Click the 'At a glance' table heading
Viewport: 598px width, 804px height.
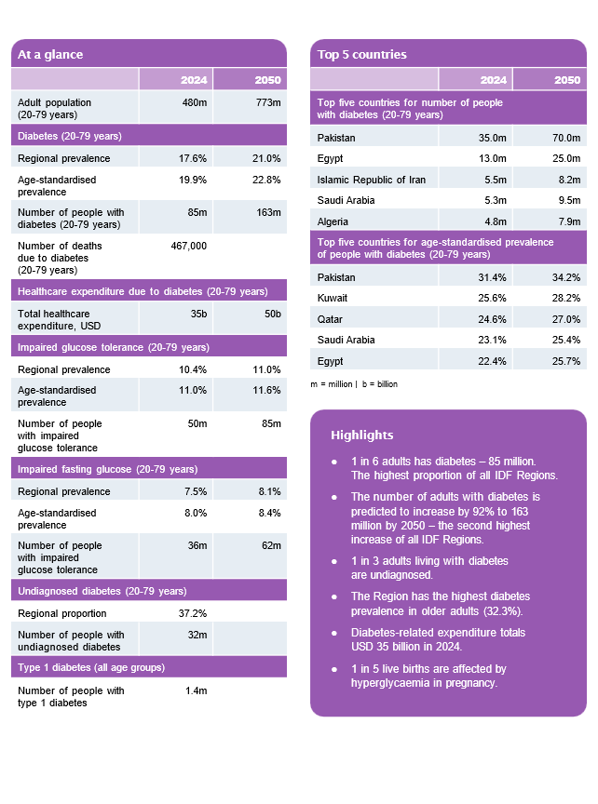[x=50, y=54]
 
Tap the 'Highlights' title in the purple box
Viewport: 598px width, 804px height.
[x=362, y=435]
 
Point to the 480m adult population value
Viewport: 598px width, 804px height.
[x=195, y=102]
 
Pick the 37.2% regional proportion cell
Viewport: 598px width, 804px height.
[x=192, y=613]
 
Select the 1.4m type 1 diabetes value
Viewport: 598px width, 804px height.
[x=195, y=690]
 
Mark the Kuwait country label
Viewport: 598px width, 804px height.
[x=333, y=298]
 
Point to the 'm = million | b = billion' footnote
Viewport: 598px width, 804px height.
[x=354, y=383]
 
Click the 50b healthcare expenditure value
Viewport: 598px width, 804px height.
[x=272, y=315]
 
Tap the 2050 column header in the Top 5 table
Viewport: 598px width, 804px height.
[x=566, y=80]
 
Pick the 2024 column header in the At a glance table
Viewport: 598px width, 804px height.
[x=194, y=80]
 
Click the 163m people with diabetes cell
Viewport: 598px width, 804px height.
[x=268, y=212]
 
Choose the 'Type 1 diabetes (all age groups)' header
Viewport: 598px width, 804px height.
[x=91, y=667]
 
